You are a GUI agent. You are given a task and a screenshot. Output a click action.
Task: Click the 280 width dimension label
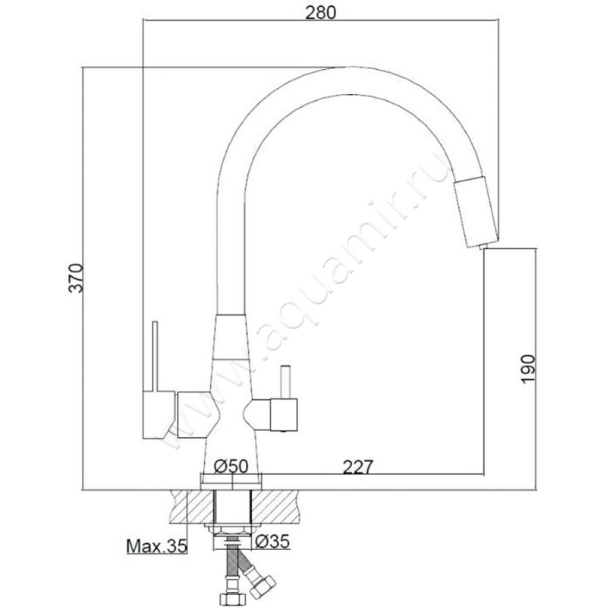point(320,12)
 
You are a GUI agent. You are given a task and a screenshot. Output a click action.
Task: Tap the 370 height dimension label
point(75,278)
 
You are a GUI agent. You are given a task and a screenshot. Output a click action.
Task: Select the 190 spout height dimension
point(528,369)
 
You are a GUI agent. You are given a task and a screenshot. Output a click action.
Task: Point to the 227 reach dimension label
point(358,467)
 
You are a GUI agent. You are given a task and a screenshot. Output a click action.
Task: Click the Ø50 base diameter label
point(231,466)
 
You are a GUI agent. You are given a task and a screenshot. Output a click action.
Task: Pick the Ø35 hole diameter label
point(272,542)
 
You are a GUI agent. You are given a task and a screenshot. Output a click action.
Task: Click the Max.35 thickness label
point(157,546)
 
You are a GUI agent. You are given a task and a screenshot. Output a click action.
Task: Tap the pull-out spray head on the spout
point(476,211)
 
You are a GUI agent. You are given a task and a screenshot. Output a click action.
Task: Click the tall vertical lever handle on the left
point(156,357)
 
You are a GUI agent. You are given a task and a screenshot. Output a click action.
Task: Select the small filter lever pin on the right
point(286,382)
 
